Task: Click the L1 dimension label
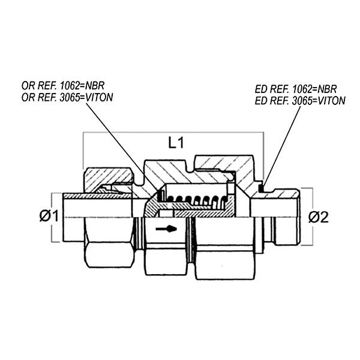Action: click(176, 143)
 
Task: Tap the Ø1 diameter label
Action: click(49, 216)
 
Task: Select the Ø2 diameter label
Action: click(319, 217)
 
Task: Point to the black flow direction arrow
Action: click(166, 229)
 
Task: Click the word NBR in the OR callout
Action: click(95, 86)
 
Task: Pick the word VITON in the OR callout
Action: click(99, 97)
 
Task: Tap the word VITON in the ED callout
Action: click(332, 101)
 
